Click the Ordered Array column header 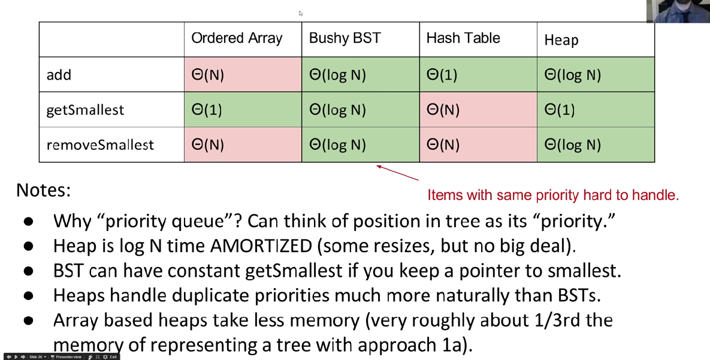237,38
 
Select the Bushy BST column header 345,38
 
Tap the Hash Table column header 463,38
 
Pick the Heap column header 561,40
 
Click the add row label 59,75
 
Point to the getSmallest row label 85,110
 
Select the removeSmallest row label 100,145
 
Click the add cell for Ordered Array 243,75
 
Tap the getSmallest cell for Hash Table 478,110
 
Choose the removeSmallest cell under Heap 595,145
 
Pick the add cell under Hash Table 478,75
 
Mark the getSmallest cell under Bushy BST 360,110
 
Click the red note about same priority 552,195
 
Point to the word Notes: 43,190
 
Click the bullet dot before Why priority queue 28,222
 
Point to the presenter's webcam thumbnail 678,11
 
